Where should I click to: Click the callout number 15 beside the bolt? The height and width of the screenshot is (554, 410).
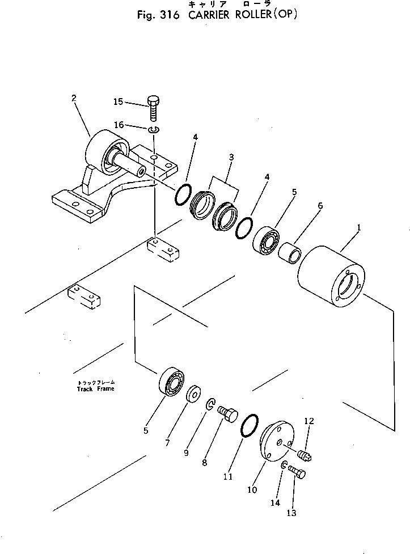tap(118, 102)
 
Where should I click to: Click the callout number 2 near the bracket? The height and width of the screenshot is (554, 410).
tap(74, 98)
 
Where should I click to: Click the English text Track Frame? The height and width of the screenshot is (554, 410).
tap(95, 389)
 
